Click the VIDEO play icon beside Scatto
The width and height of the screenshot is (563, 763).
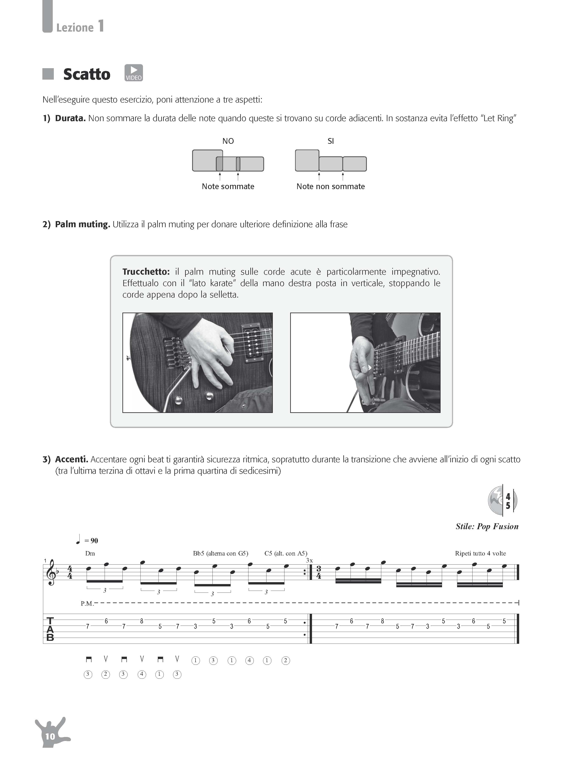click(134, 73)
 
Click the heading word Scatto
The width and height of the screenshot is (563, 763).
click(87, 74)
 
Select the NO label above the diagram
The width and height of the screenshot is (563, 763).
click(228, 141)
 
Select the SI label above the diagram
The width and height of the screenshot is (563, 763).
click(331, 141)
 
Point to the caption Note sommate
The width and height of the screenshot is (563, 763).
click(228, 186)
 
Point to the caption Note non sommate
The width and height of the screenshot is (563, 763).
click(331, 186)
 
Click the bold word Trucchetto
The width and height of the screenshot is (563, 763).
click(146, 272)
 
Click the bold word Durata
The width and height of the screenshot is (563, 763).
click(70, 118)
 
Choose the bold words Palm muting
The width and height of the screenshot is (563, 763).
click(82, 224)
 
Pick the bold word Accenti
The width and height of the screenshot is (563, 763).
click(72, 459)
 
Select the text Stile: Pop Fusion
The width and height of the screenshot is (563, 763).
click(487, 526)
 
